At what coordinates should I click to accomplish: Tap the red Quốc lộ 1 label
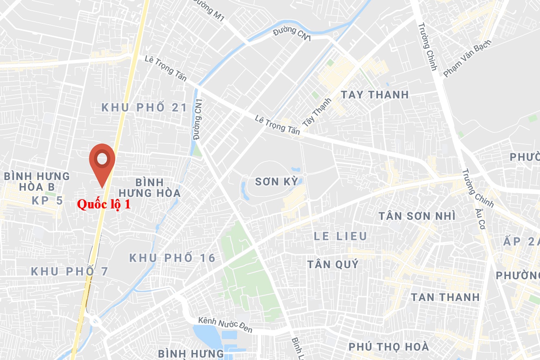click(x=104, y=205)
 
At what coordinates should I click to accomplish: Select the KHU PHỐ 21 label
click(x=144, y=108)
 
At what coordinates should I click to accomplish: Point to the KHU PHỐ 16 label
click(x=172, y=258)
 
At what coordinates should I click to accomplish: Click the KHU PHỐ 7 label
click(x=70, y=271)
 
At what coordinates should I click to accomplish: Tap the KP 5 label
click(x=48, y=201)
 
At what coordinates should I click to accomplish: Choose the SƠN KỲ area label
click(x=276, y=182)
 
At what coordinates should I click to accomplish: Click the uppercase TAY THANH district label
click(x=375, y=95)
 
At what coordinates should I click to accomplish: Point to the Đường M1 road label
click(x=212, y=13)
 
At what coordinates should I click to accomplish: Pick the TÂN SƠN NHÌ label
click(x=417, y=216)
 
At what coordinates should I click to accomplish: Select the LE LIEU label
click(x=340, y=236)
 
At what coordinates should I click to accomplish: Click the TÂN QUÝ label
click(x=333, y=264)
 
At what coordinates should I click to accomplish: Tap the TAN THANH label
click(x=445, y=297)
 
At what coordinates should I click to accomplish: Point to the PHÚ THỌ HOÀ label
click(x=389, y=347)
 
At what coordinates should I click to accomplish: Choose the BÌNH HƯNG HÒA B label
click(x=37, y=182)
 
